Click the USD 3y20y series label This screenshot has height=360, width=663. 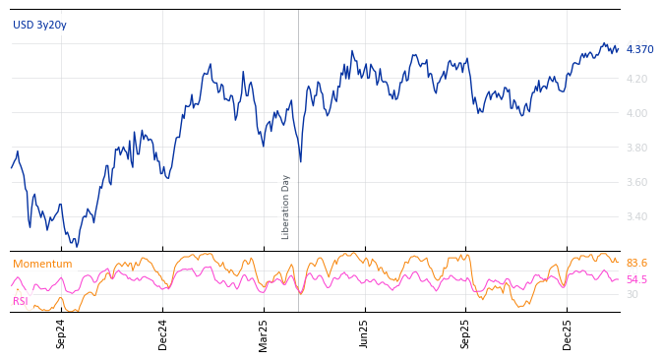click(x=39, y=25)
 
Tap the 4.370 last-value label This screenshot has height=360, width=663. click(x=639, y=49)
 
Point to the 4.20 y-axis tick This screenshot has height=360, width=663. click(x=638, y=79)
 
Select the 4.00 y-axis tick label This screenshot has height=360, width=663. click(x=638, y=113)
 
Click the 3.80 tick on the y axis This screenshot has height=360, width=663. click(x=638, y=148)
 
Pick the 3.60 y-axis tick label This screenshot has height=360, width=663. click(x=638, y=182)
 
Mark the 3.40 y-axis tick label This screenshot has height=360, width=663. click(x=638, y=216)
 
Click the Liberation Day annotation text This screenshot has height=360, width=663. click(x=286, y=207)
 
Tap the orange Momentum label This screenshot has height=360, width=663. click(x=42, y=264)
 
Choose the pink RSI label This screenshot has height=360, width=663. click(x=21, y=301)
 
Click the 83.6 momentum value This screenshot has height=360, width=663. click(x=636, y=264)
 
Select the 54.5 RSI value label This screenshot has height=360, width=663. click(x=636, y=279)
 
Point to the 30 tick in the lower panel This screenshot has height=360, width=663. click(x=632, y=294)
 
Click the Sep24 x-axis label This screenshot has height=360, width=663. click(x=61, y=333)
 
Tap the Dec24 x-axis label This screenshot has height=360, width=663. click(x=163, y=333)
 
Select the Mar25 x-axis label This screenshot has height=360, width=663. click(x=264, y=333)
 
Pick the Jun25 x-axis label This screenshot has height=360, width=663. click(x=365, y=333)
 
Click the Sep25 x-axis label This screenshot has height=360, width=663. click(x=466, y=333)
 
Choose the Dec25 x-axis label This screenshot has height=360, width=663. click(x=568, y=333)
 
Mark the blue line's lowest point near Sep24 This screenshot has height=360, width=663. click(x=76, y=246)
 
